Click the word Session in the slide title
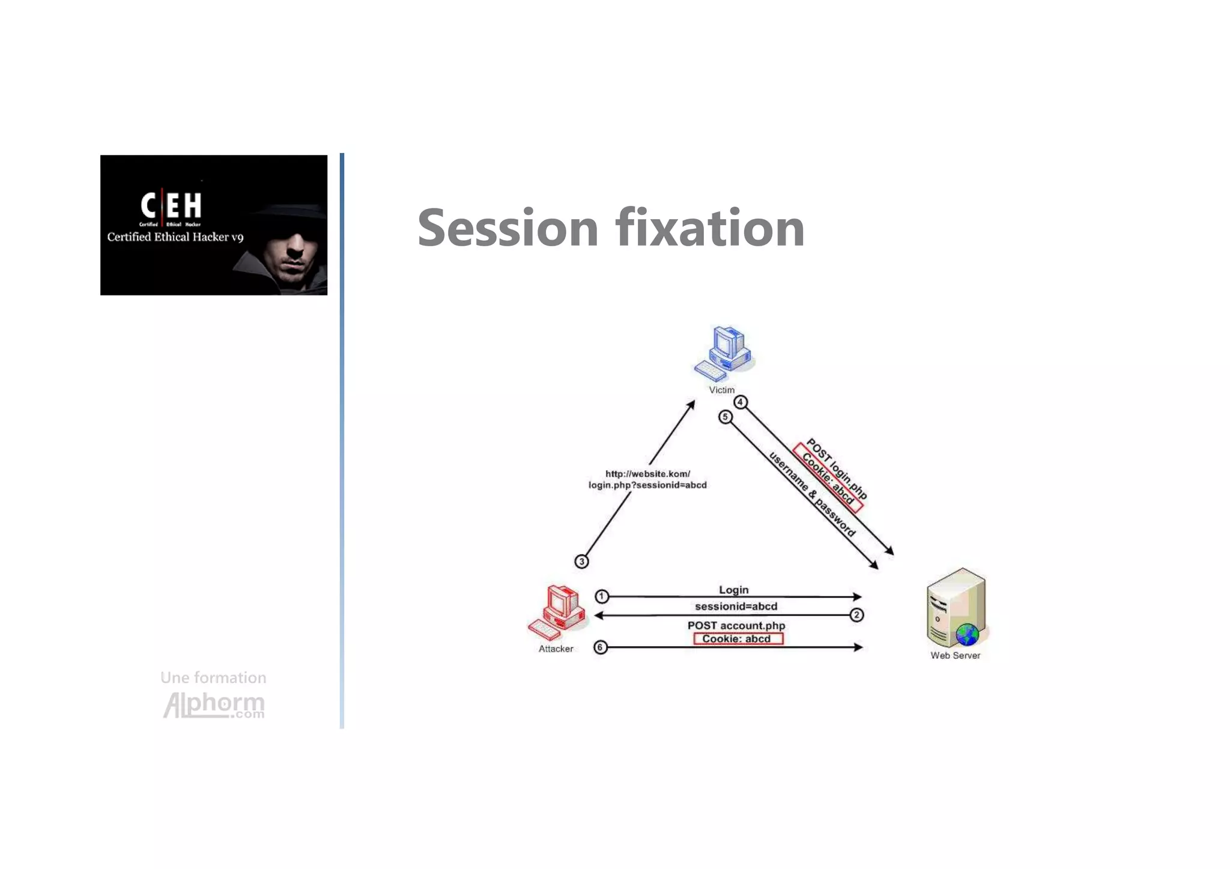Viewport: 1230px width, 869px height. pos(507,228)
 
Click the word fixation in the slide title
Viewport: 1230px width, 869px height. pos(709,228)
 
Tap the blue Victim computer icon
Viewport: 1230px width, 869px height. pos(724,354)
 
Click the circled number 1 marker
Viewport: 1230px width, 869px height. pos(602,596)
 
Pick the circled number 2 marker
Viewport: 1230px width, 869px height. pos(856,615)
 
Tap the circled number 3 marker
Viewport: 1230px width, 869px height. pos(581,562)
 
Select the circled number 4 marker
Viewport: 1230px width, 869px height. pos(741,402)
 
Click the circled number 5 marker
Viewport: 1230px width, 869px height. pos(726,417)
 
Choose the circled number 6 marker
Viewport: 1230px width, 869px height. pos(600,647)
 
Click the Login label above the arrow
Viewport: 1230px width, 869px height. pos(733,590)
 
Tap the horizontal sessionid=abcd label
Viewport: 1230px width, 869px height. pos(736,607)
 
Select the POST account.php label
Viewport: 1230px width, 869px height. pos(736,625)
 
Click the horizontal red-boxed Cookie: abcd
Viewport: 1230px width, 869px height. pos(738,639)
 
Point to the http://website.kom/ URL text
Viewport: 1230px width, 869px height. pos(647,474)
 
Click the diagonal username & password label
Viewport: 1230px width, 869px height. pos(812,494)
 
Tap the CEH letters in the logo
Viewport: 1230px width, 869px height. pos(171,205)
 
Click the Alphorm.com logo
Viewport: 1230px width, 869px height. pos(214,704)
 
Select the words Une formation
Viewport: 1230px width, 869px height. pos(213,677)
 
